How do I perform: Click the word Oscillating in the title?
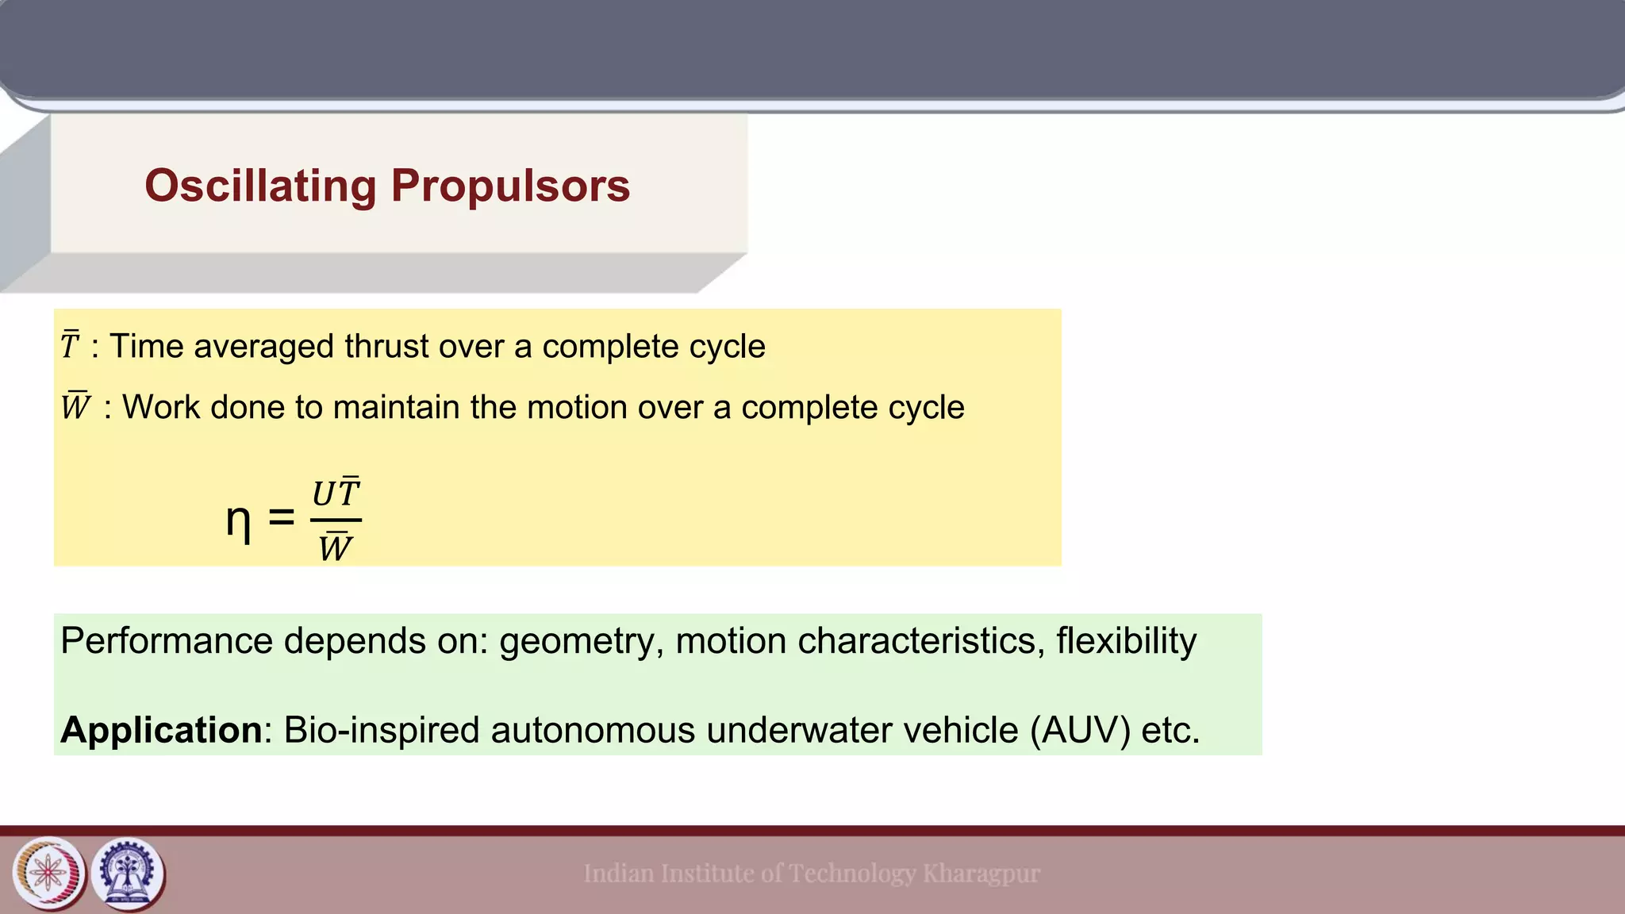pyautogui.click(x=260, y=186)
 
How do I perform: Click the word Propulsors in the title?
pyautogui.click(x=510, y=186)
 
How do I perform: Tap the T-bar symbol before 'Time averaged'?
pyautogui.click(x=70, y=346)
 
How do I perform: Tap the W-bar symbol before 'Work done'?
pyautogui.click(x=75, y=407)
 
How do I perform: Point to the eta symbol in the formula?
pyautogui.click(x=238, y=521)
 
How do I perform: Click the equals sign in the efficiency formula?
pyautogui.click(x=281, y=518)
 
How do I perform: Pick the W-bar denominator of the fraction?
pyautogui.click(x=335, y=547)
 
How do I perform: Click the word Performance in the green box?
pyautogui.click(x=167, y=640)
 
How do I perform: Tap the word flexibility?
pyautogui.click(x=1126, y=640)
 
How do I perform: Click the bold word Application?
pyautogui.click(x=161, y=730)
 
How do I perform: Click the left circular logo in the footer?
pyautogui.click(x=49, y=874)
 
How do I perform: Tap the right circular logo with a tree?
pyautogui.click(x=128, y=874)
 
